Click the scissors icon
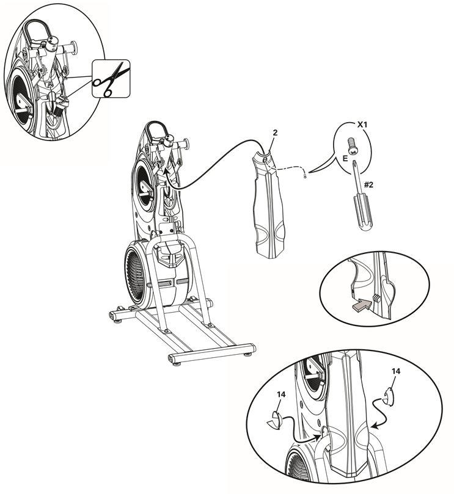pos(111,78)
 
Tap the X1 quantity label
pos(362,125)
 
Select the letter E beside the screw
pos(345,158)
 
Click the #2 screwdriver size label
pos(368,184)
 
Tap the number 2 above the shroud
pos(275,133)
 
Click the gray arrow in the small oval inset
pos(361,304)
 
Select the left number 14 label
pos(281,394)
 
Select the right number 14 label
pos(396,371)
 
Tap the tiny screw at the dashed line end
pos(305,176)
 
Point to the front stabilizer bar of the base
pos(212,353)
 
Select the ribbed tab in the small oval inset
pos(376,297)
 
